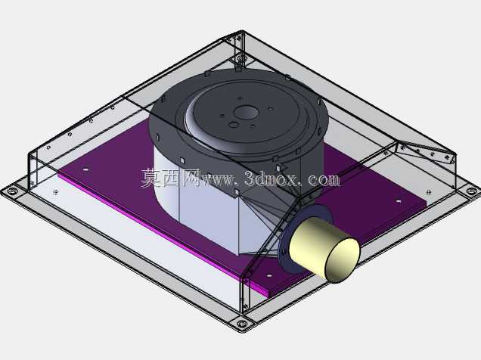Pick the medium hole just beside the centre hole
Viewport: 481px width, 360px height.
234,125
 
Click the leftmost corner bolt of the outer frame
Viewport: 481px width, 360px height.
12,191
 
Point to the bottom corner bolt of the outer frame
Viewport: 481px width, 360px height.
242,323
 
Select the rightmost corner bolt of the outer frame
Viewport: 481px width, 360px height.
472,191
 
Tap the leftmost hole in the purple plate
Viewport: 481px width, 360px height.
86,169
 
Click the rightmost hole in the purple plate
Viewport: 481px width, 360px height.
398,201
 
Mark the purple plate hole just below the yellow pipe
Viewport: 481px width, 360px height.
269,276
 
